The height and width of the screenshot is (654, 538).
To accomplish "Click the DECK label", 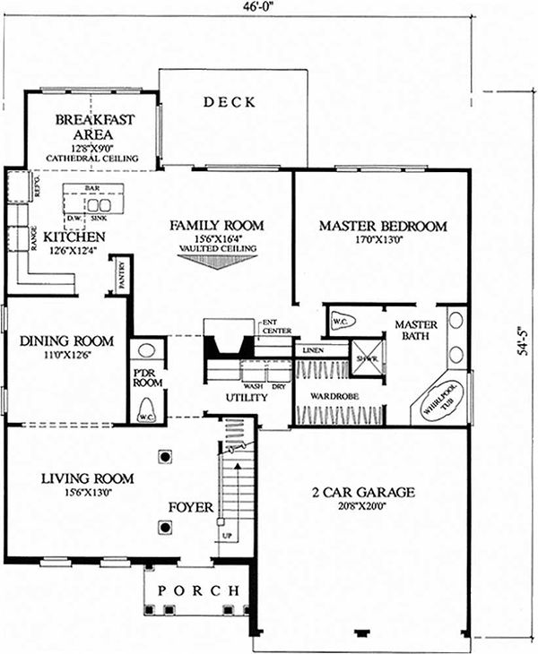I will click(230, 101).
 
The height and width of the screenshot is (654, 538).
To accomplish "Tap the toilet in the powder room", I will click(146, 409).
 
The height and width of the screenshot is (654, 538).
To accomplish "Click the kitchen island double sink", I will click(99, 205).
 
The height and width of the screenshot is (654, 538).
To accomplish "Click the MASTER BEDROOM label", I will click(383, 227).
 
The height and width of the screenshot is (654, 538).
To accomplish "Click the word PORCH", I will click(198, 591).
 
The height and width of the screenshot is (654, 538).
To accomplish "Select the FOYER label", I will click(191, 507).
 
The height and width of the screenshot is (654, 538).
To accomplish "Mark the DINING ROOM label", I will click(66, 340).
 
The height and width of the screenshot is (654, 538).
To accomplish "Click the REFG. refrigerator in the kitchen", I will click(19, 186).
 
